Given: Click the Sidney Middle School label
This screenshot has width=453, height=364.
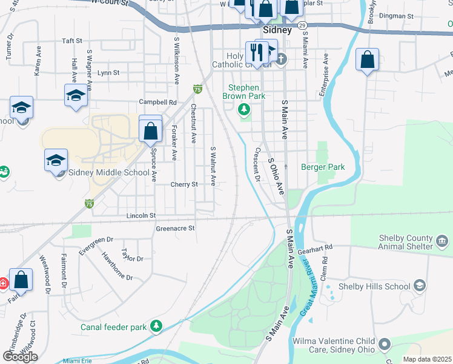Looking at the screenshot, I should (109, 172).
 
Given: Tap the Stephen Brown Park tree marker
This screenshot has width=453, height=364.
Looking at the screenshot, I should (244, 110).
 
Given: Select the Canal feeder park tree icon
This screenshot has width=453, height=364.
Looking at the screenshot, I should (157, 327).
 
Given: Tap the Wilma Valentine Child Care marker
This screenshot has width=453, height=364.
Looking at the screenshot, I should (385, 345).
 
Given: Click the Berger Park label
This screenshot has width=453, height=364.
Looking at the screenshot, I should (323, 167).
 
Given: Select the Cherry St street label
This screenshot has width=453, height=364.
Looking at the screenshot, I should (184, 184).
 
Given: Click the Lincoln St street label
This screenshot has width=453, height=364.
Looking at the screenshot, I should (141, 215).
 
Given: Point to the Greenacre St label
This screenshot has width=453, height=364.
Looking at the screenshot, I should (175, 228).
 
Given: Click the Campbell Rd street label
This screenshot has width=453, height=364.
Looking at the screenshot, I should (157, 102).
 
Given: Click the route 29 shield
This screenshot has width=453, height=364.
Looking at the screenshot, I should (303, 25).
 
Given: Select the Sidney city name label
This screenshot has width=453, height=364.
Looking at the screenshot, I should (277, 30).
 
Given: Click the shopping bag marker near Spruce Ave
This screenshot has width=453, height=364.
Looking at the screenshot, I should (150, 129).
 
